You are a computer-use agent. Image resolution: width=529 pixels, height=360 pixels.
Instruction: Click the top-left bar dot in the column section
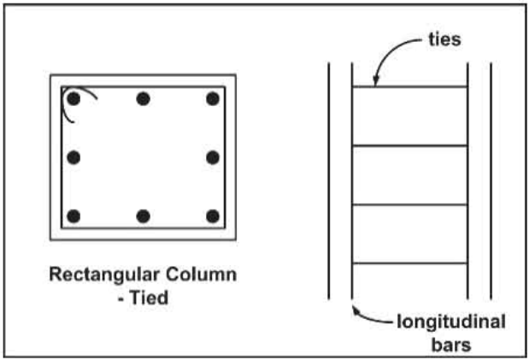tap(74, 99)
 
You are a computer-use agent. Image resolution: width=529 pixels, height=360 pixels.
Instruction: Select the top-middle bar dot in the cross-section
tap(144, 99)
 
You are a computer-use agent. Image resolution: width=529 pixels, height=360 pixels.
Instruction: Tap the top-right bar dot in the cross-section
tap(213, 99)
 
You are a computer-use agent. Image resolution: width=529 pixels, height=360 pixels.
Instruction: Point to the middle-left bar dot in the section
tap(74, 157)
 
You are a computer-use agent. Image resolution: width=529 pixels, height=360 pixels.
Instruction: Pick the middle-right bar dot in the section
tap(213, 157)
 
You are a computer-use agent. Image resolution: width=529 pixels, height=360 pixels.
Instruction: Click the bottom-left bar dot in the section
tap(74, 215)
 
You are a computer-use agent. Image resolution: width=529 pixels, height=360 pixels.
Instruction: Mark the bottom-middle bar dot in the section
tap(144, 215)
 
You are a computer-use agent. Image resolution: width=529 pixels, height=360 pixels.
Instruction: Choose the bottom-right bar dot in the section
tap(213, 215)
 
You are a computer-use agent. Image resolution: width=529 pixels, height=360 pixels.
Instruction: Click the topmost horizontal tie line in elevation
tap(410, 86)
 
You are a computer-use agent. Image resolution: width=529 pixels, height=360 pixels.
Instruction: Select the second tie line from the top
tap(410, 145)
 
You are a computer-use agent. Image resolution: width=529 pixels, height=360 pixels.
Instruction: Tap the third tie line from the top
tap(410, 204)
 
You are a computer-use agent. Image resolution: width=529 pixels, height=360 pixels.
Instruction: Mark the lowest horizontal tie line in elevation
tap(410, 263)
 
